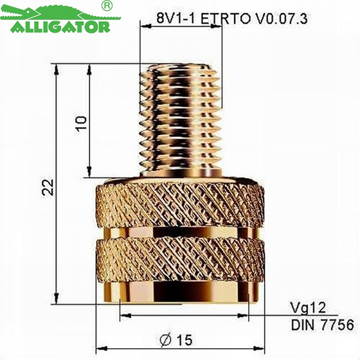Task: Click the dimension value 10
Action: point(82,122)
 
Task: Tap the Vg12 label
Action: point(307,308)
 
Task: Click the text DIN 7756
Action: point(322,325)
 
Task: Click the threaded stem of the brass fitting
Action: point(180,120)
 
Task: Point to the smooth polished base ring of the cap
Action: point(180,293)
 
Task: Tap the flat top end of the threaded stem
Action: point(180,66)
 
